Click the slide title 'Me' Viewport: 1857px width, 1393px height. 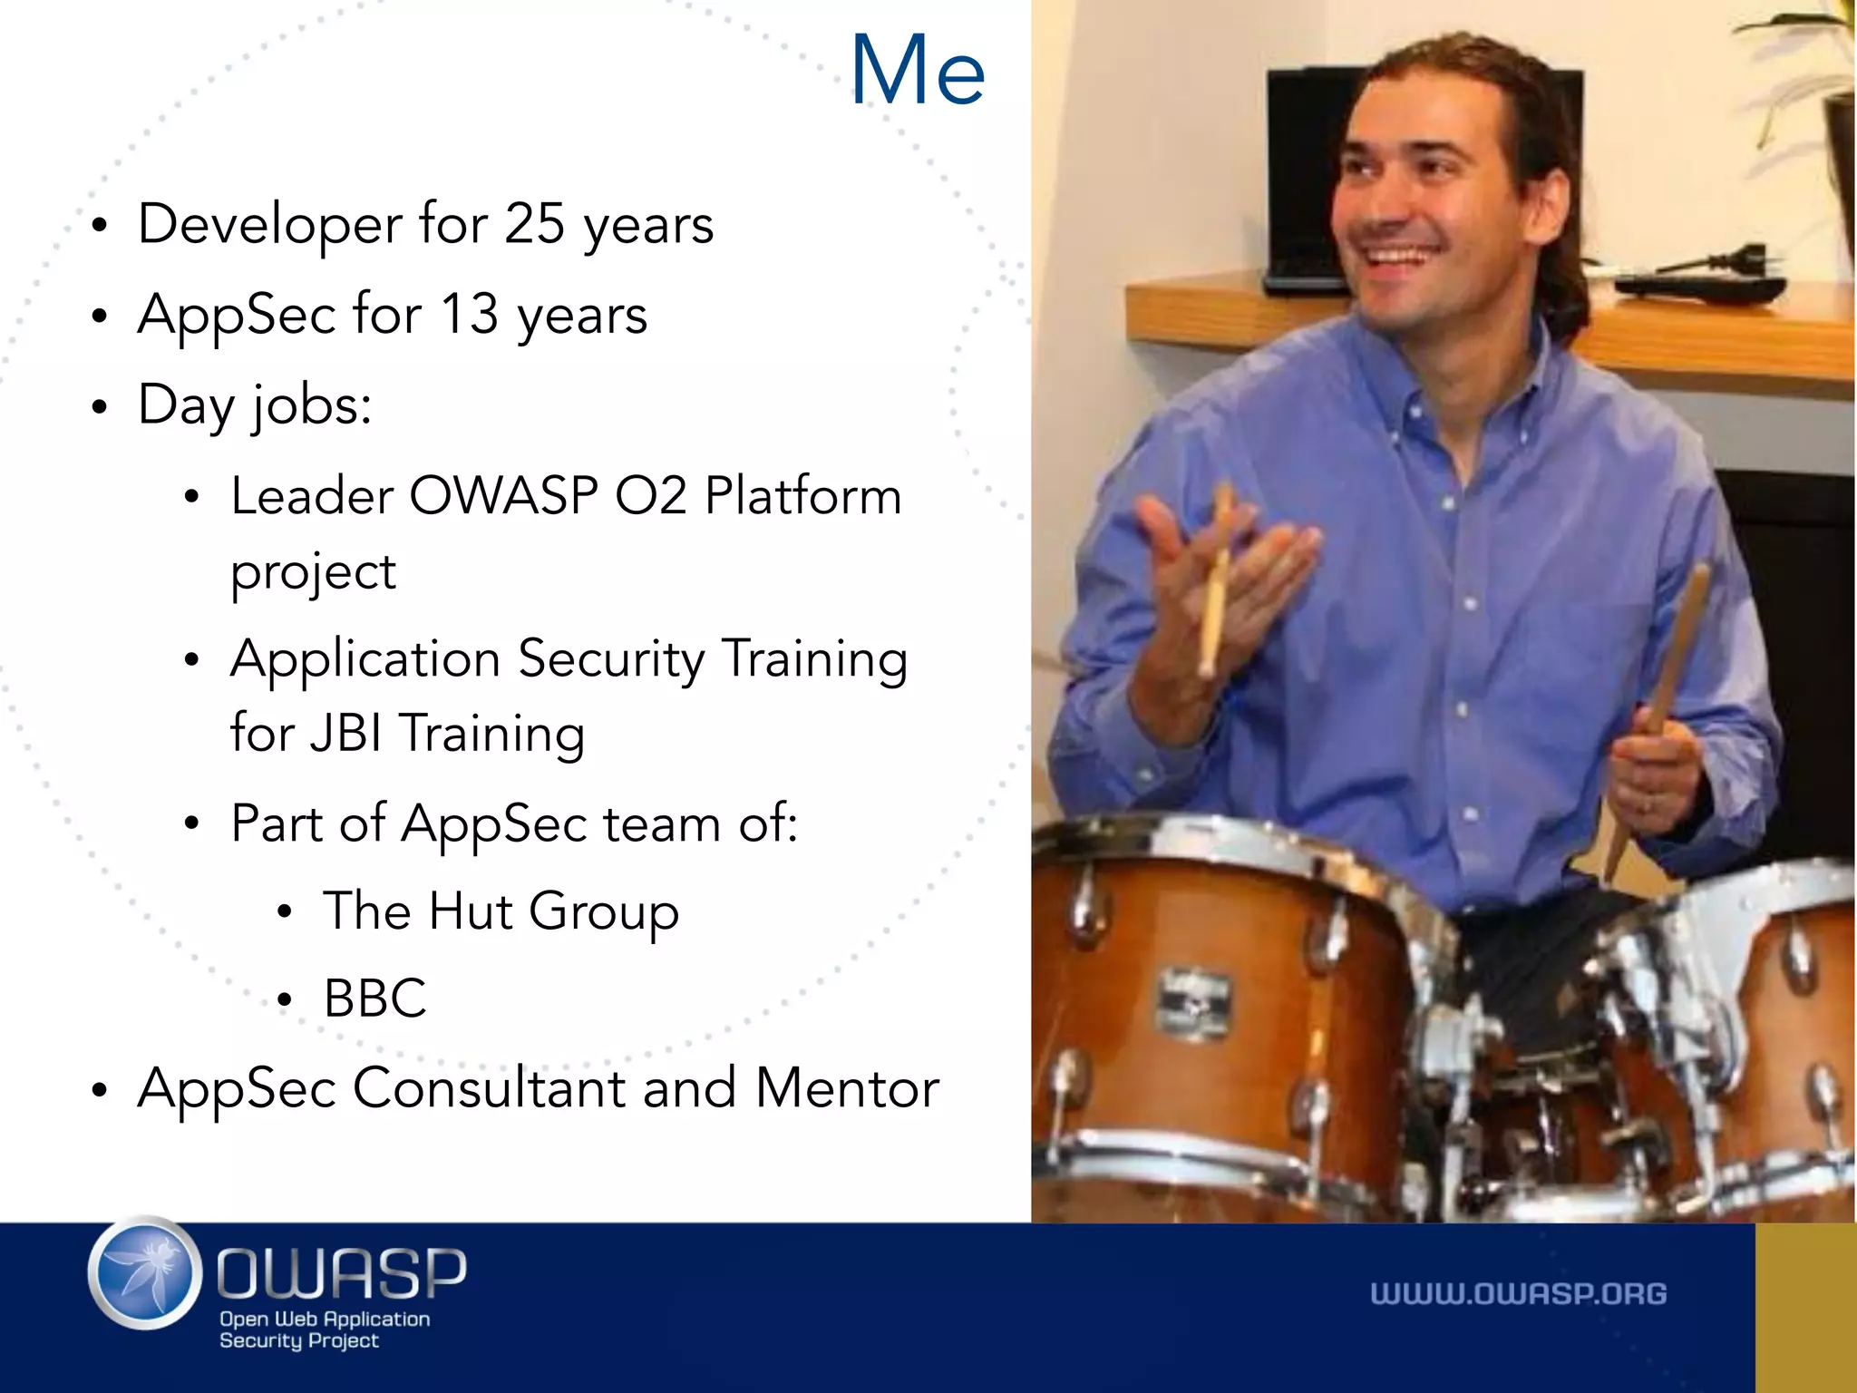click(x=918, y=71)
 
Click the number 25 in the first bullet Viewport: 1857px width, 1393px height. click(x=534, y=223)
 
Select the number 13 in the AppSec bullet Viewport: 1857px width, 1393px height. click(x=469, y=315)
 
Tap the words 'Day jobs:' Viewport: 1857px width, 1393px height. click(x=255, y=405)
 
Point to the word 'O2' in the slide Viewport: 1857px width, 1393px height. click(x=650, y=496)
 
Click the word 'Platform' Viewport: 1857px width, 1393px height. click(x=803, y=496)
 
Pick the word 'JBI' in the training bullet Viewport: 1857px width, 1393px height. click(x=345, y=733)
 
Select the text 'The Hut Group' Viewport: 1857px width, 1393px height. click(x=501, y=911)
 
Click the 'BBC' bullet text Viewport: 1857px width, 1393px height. click(x=374, y=998)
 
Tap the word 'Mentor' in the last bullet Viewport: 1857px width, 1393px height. click(x=847, y=1088)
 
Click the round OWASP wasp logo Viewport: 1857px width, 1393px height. click(x=145, y=1273)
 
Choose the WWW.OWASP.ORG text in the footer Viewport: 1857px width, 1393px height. click(x=1518, y=1294)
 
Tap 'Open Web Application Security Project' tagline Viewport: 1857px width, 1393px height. click(x=324, y=1330)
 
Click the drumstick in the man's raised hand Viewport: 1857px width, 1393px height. click(x=1215, y=580)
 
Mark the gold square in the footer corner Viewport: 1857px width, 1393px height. click(x=1805, y=1308)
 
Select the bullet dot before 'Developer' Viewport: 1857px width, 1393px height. click(x=100, y=226)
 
